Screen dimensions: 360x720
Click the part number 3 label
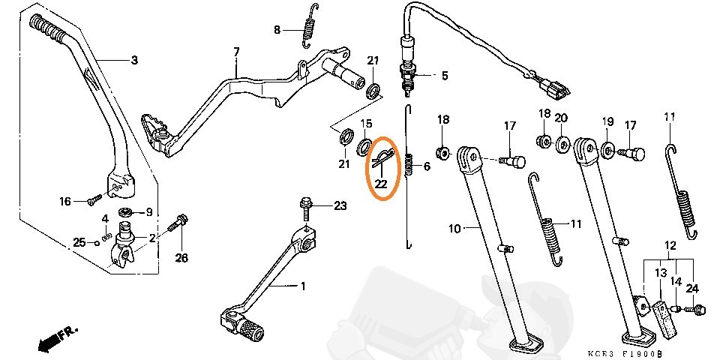point(135,60)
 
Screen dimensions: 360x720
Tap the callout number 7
point(236,52)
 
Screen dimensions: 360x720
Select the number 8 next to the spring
point(277,30)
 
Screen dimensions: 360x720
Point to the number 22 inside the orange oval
point(381,183)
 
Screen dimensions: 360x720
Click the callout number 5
point(444,75)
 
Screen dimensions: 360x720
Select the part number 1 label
point(303,286)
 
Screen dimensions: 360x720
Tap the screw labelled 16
point(93,200)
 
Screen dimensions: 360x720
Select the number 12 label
point(670,245)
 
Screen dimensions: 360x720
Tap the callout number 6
point(427,166)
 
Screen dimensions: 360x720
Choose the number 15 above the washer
point(366,123)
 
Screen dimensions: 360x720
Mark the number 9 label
point(148,211)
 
